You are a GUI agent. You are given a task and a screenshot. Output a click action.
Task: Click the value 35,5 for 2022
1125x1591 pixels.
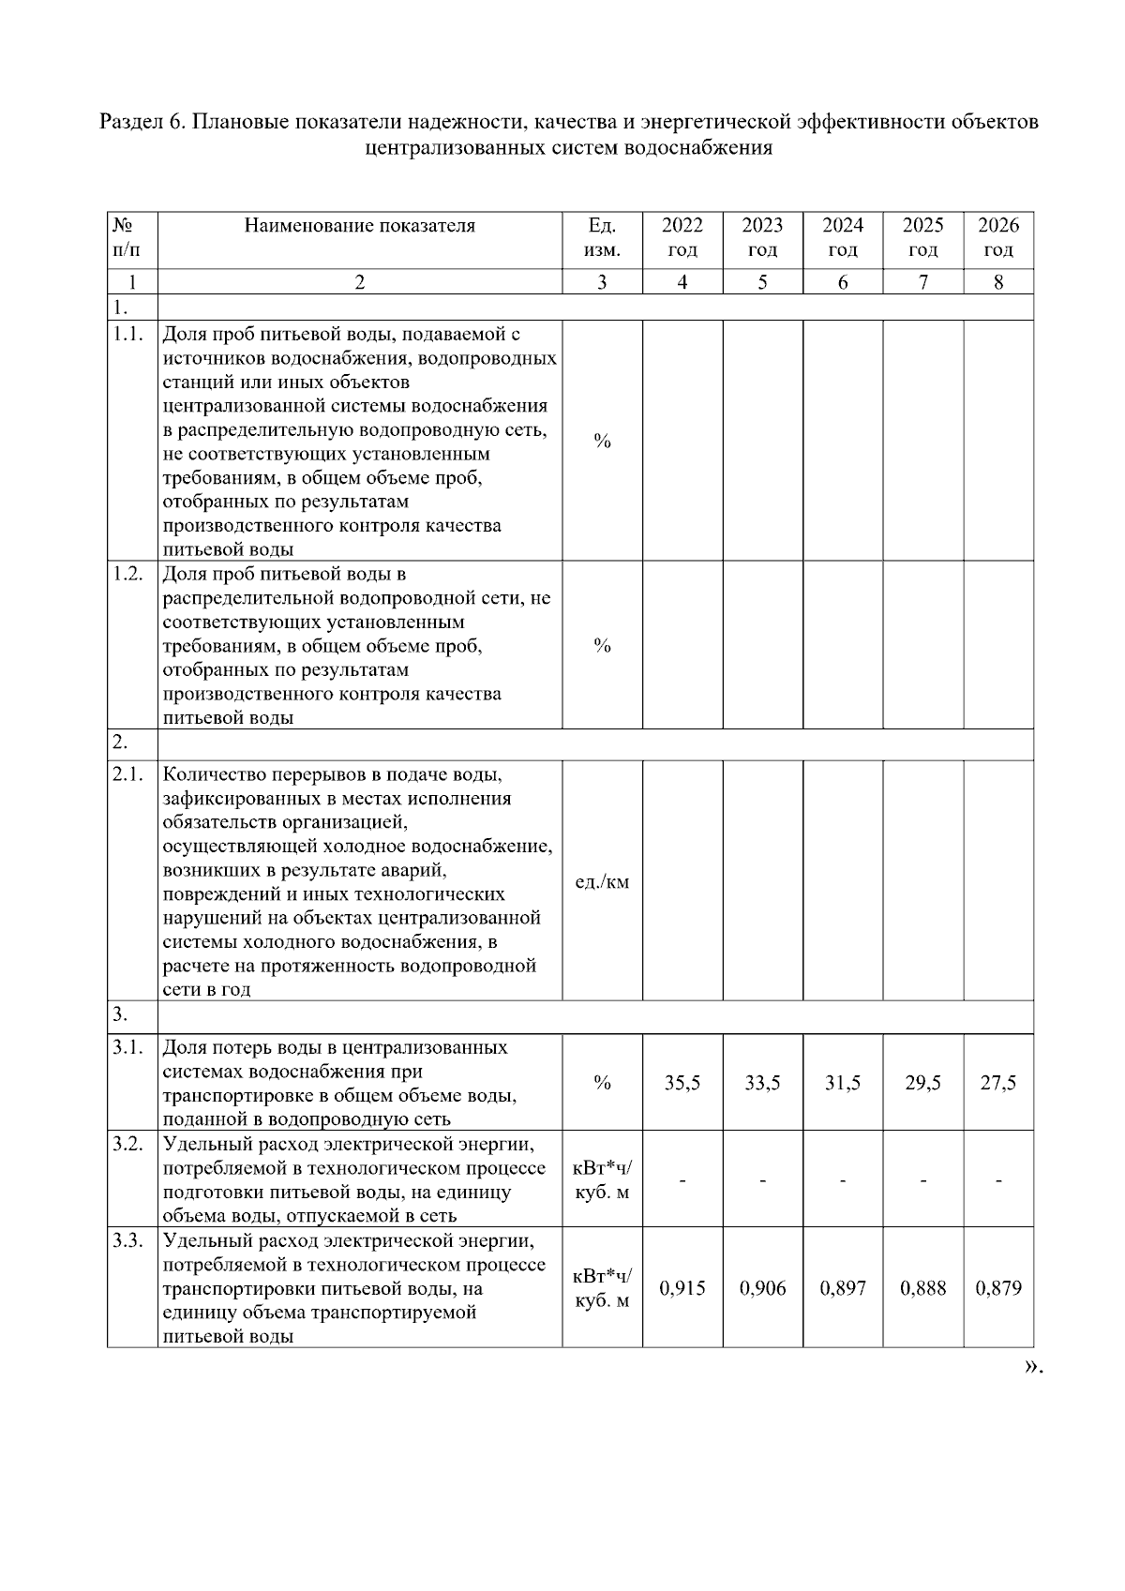[x=682, y=1083]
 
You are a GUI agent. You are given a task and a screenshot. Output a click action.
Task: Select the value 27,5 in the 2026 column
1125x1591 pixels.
[x=997, y=1083]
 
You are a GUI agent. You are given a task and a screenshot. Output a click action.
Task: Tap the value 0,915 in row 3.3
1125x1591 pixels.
[x=682, y=1288]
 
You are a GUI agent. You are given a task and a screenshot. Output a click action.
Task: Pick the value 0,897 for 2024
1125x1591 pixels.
[x=843, y=1288]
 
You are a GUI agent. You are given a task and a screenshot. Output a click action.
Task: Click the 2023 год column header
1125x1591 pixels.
[x=762, y=237]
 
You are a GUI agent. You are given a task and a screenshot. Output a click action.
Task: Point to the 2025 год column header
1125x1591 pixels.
[x=922, y=237]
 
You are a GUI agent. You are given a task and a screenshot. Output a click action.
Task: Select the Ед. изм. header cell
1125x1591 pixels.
[x=602, y=237]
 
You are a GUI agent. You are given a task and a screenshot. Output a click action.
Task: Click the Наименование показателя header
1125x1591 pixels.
[x=359, y=225]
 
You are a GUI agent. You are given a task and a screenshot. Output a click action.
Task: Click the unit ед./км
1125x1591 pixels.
[x=602, y=881]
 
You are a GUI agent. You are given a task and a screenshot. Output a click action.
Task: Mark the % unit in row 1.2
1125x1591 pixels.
[x=602, y=645]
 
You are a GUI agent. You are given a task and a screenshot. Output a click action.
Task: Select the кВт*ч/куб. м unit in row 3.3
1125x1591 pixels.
[x=602, y=1288]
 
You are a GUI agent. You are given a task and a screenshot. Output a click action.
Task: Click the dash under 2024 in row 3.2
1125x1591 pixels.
[x=843, y=1181]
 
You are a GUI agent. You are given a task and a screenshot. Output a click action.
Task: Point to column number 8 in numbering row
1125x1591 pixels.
[x=997, y=282]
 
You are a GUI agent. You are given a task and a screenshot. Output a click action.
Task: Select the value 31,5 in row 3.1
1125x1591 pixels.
[x=843, y=1083]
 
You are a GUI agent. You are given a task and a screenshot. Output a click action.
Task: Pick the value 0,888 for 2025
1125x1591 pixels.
[x=922, y=1288]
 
